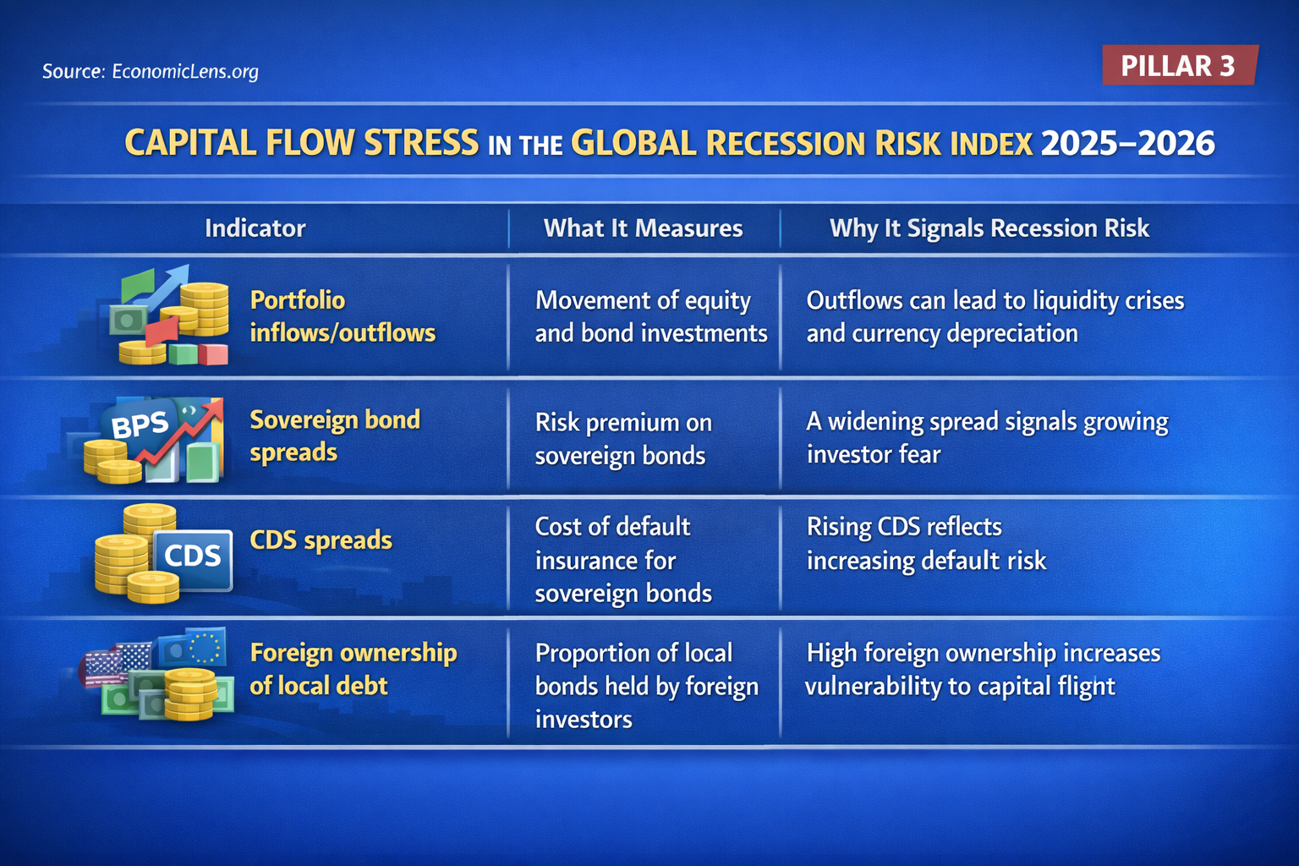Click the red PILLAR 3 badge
(1179, 65)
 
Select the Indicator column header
(255, 228)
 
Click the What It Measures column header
(643, 228)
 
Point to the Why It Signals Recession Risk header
(989, 228)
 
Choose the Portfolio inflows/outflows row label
(342, 316)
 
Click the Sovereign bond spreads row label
(334, 436)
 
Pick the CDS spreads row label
(321, 540)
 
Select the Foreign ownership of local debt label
(353, 669)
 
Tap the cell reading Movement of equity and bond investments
(649, 316)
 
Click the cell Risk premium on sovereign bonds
(622, 439)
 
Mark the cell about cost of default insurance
(622, 560)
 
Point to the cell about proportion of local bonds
(645, 686)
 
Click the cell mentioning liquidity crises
(995, 316)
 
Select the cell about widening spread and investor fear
(986, 437)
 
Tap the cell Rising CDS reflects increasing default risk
(926, 544)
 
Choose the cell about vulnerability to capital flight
(982, 669)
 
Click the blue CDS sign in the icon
(193, 557)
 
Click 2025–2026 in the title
(1127, 144)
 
